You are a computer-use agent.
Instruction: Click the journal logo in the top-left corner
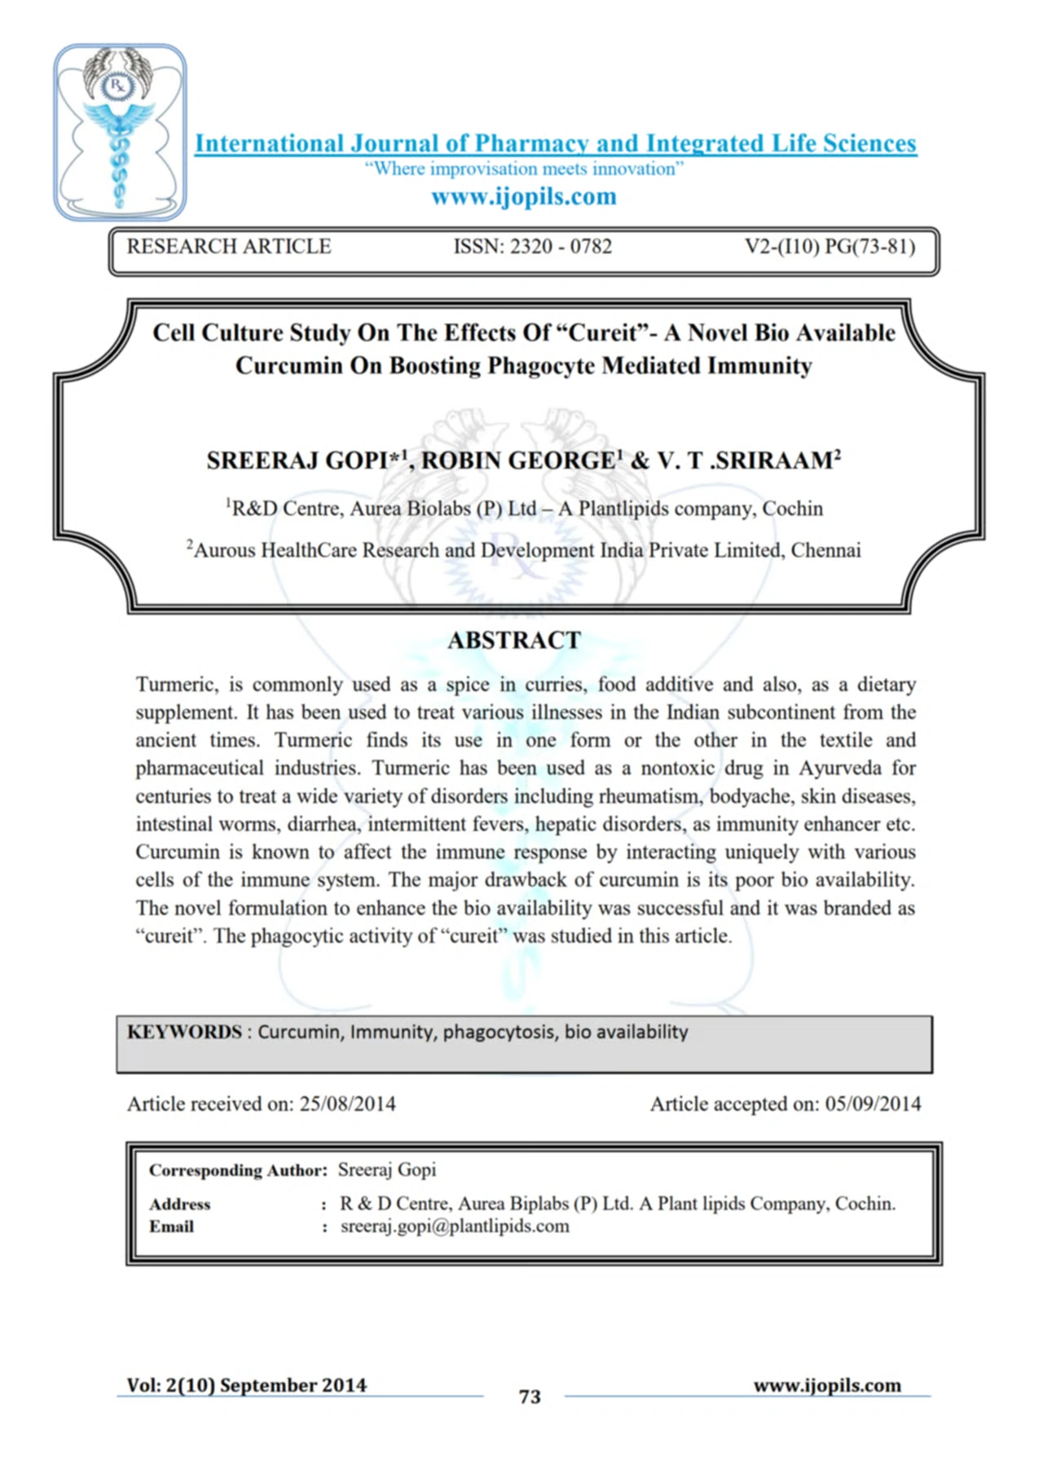tap(120, 132)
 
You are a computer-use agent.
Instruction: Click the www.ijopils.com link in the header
tap(523, 196)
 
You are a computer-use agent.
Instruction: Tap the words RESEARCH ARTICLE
tap(229, 246)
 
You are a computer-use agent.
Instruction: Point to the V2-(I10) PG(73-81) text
tap(830, 246)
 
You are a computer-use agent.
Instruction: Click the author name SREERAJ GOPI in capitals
tap(297, 460)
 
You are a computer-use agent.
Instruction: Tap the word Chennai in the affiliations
tap(825, 550)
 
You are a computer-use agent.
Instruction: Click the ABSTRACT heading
tap(514, 641)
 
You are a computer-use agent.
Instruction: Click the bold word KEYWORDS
tap(184, 1032)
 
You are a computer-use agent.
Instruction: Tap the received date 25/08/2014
tap(348, 1104)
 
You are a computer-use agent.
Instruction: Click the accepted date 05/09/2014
tap(873, 1104)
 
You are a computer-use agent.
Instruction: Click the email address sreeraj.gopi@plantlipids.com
tap(455, 1227)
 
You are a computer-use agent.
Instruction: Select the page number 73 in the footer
tap(530, 1397)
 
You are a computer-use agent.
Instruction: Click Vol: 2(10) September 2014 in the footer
tap(246, 1386)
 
